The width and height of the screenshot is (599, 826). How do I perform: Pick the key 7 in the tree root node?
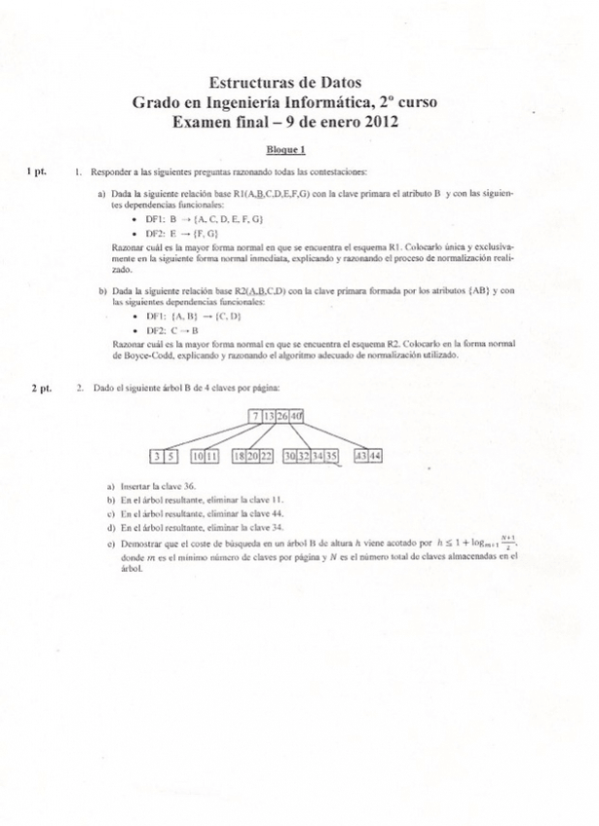pyautogui.click(x=255, y=417)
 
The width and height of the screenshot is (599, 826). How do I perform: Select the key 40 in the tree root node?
pyautogui.click(x=297, y=417)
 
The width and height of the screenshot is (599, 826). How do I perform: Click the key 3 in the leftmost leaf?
pyautogui.click(x=157, y=456)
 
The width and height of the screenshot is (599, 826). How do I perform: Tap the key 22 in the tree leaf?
pyautogui.click(x=266, y=456)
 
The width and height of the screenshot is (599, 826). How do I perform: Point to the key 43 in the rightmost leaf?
pyautogui.click(x=361, y=456)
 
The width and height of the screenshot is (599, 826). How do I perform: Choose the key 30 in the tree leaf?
pyautogui.click(x=290, y=456)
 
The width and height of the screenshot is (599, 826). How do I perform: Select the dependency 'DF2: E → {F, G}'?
pyautogui.click(x=180, y=234)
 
